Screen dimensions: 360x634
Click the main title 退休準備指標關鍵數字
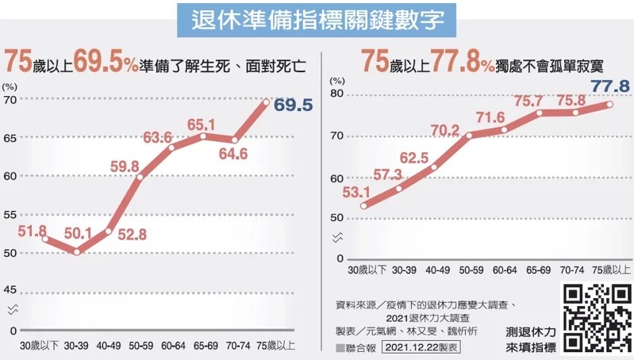(317, 19)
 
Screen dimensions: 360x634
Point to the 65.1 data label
(202, 124)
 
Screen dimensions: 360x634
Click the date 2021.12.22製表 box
(420, 347)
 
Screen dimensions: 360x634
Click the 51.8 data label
(32, 230)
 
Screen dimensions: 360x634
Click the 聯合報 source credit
(354, 347)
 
